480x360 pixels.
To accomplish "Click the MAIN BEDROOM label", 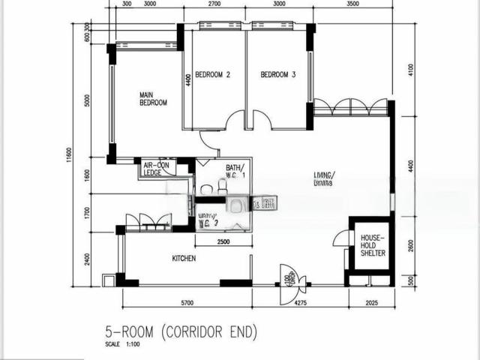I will click(152, 99).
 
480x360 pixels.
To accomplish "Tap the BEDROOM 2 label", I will click(212, 75).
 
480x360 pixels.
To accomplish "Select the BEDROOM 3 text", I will click(278, 75).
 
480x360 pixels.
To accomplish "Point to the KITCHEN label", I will click(184, 259).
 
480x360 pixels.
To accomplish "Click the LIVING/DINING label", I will click(325, 178).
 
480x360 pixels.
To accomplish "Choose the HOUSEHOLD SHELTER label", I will click(372, 245).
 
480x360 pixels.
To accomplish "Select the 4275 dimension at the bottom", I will click(300, 302).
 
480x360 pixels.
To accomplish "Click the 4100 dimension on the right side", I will click(410, 69).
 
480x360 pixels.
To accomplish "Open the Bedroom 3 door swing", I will click(262, 119).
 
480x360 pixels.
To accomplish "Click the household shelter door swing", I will click(341, 238).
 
